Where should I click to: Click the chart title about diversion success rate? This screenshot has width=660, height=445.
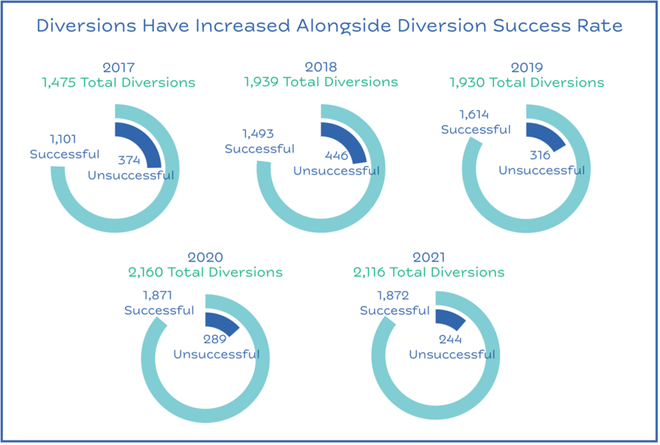[x=329, y=26]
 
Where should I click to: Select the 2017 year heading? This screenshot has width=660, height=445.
[x=119, y=67]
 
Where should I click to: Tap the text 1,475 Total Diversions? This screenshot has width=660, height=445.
[x=119, y=82]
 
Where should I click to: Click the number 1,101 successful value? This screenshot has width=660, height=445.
[x=63, y=139]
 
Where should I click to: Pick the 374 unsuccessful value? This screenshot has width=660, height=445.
[x=129, y=160]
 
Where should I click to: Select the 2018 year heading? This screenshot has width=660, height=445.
[x=321, y=67]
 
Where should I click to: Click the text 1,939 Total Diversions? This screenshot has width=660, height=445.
[x=321, y=82]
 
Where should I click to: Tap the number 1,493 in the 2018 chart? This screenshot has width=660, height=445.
[x=258, y=134]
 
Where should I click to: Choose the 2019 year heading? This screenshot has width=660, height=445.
[x=527, y=67]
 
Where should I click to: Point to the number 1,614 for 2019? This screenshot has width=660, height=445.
[x=474, y=115]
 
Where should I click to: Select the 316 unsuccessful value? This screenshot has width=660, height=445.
[x=540, y=155]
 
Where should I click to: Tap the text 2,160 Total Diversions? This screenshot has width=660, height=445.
[x=206, y=272]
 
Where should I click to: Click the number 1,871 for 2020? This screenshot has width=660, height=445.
[x=157, y=295]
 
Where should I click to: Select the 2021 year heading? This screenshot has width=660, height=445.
[x=429, y=257]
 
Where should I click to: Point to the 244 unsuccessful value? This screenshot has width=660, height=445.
[x=450, y=339]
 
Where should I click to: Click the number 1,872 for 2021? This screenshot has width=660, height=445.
[x=393, y=295]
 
